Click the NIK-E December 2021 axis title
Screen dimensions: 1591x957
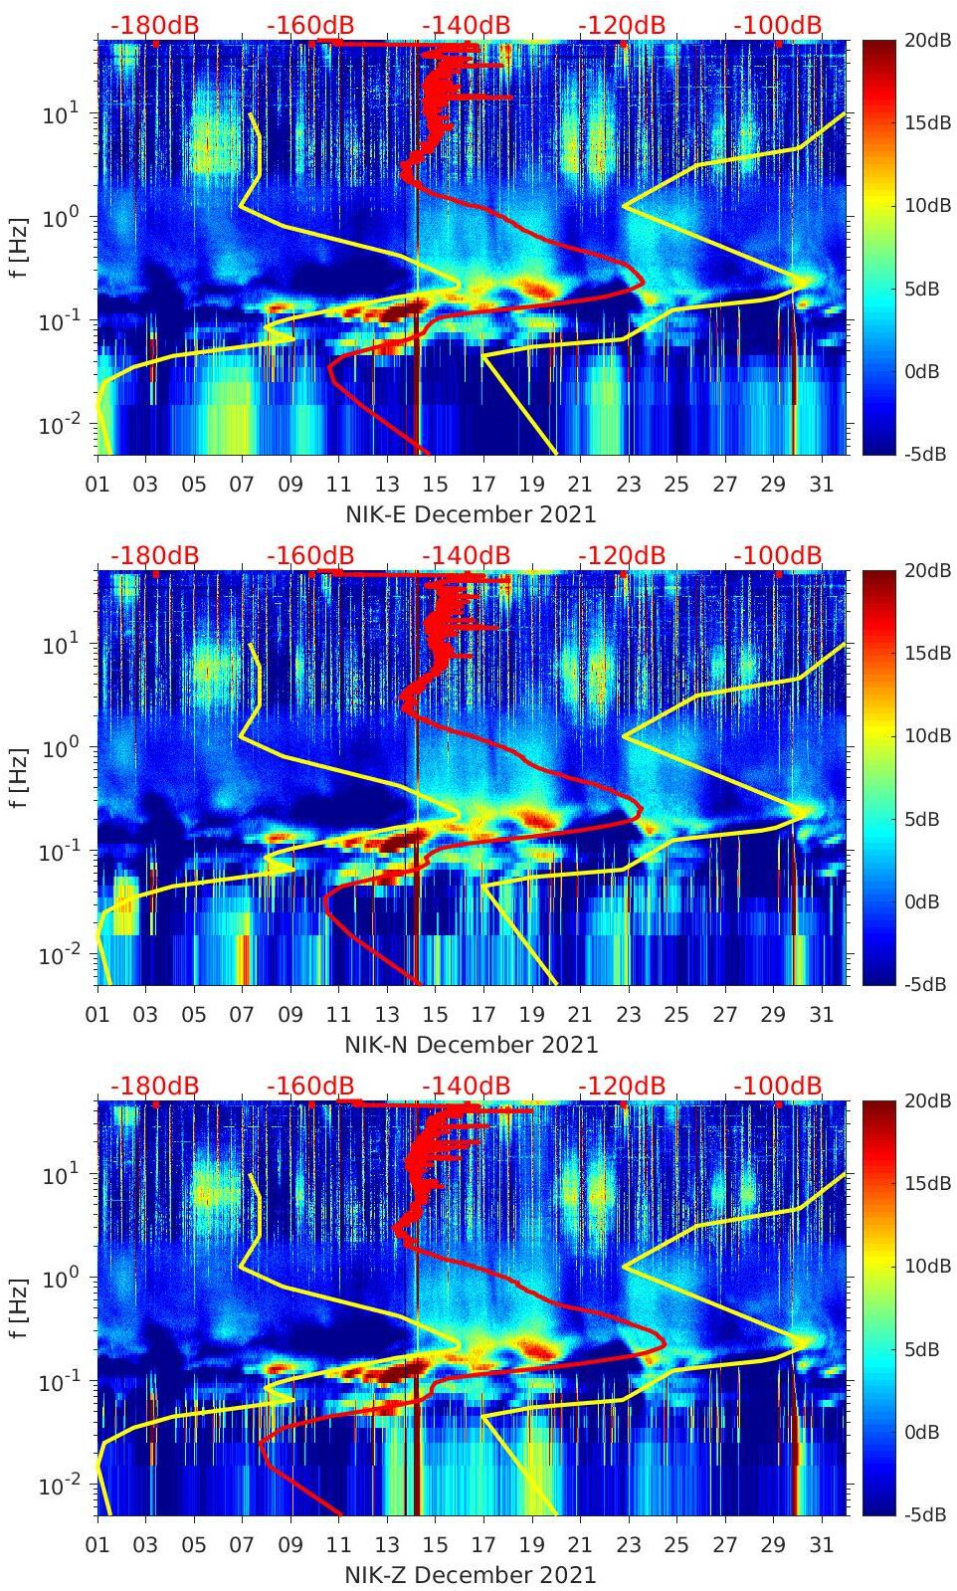coord(471,514)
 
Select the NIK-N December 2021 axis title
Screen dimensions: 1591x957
coord(471,1045)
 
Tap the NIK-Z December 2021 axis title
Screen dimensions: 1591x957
coord(471,1575)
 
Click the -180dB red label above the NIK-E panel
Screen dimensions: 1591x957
coord(154,25)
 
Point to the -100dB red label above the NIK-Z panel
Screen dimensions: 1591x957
coord(778,1086)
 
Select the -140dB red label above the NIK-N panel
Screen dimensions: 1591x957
coord(466,555)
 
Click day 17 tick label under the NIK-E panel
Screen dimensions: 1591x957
coord(483,485)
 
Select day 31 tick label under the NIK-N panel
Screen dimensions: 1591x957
coord(821,1015)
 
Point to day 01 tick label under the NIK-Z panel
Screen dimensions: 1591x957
coord(97,1545)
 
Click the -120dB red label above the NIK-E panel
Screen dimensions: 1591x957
coord(622,25)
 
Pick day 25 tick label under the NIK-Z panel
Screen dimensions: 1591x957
coord(676,1545)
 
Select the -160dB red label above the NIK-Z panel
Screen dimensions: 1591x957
coord(310,1086)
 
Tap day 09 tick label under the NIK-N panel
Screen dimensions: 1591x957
coord(290,1015)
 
